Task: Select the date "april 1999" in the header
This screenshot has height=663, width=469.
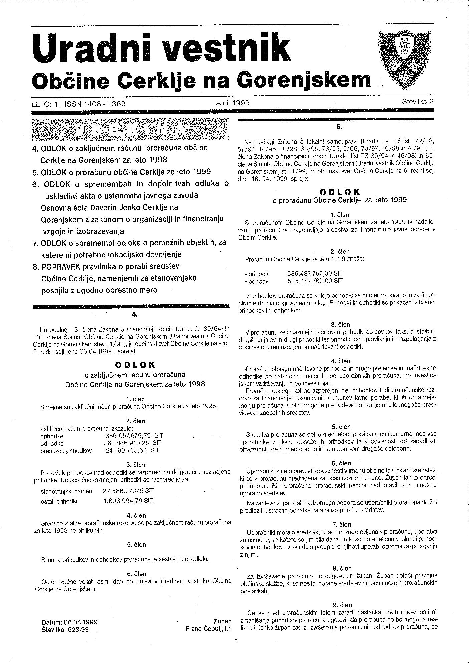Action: pyautogui.click(x=233, y=103)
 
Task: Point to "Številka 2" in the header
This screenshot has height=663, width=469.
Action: pyautogui.click(x=418, y=102)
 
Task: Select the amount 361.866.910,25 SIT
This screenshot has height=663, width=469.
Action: pyautogui.click(x=133, y=443)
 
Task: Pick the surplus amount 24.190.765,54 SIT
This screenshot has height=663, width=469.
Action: pyautogui.click(x=133, y=450)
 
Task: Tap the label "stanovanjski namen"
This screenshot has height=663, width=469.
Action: pyautogui.click(x=66, y=491)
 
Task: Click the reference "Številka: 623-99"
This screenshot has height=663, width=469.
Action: pyautogui.click(x=66, y=630)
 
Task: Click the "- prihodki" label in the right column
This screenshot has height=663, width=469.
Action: pyautogui.click(x=257, y=274)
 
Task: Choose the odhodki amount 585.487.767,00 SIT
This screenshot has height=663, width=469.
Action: pyautogui.click(x=315, y=281)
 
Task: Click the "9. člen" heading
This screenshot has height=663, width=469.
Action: pyautogui.click(x=342, y=605)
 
